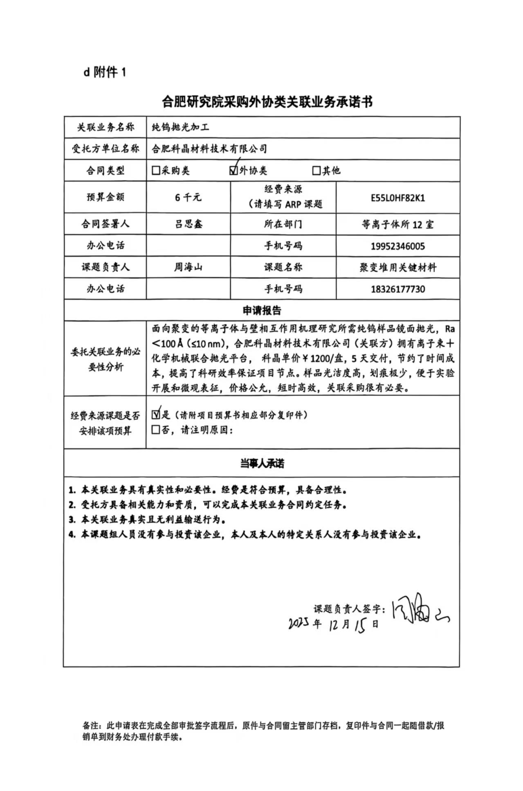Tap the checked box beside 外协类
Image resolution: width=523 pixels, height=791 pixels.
coord(234,170)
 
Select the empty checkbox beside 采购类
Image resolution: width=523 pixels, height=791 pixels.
coord(156,170)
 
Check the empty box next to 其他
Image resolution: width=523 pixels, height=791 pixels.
coord(316,170)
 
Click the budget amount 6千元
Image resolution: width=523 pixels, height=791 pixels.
coord(188,197)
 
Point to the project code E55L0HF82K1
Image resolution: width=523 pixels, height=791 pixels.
coord(397,198)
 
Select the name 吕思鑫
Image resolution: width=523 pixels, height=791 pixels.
coord(188,224)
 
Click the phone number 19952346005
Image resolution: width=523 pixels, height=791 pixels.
coord(397,246)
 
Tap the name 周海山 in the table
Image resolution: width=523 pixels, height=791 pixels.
coord(188,268)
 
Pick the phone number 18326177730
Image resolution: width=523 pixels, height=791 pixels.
coord(397,289)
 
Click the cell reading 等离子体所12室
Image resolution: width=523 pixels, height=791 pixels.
coord(397,225)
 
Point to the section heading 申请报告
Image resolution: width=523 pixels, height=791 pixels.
coord(262,311)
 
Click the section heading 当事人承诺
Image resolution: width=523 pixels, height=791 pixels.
coord(262,463)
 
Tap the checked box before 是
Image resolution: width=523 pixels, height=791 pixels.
coord(156,415)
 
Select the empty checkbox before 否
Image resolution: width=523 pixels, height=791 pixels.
coord(156,430)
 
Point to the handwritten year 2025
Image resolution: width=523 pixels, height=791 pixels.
coord(299,623)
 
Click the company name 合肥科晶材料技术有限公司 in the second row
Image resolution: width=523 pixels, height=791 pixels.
coord(209,149)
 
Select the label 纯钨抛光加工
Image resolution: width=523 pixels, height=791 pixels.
coord(180,127)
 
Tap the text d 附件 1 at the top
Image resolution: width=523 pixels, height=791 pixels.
coord(105,72)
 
